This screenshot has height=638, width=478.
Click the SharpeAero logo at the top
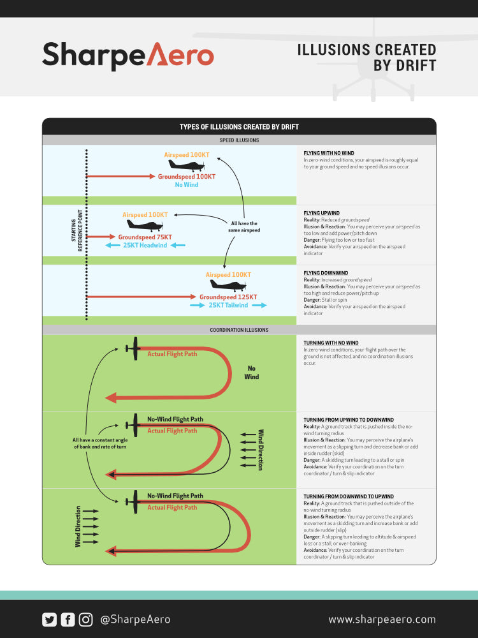click(127, 56)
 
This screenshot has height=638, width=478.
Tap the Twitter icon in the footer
click(49, 619)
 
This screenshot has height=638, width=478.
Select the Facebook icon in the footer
click(68, 619)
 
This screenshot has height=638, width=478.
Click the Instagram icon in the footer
click(86, 619)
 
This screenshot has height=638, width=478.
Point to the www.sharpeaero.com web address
click(382, 619)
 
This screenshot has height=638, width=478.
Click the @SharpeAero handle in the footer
click(135, 619)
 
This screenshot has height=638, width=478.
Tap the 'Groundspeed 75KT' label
click(145, 237)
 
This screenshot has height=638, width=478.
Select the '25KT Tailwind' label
click(229, 306)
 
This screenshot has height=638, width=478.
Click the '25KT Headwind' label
click(145, 246)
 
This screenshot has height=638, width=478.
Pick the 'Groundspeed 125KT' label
click(228, 297)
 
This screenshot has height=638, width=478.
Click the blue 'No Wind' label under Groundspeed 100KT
click(187, 185)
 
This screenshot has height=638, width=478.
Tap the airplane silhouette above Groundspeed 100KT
click(186, 165)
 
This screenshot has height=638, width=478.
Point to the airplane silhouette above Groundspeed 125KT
click(228, 285)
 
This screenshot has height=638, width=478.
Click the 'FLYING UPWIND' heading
click(322, 213)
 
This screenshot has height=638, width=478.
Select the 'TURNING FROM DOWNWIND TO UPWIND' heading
click(349, 496)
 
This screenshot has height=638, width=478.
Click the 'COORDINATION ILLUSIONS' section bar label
click(239, 330)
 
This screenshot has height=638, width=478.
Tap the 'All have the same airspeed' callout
click(245, 226)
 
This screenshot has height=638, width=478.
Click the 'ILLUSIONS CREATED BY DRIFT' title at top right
click(366, 57)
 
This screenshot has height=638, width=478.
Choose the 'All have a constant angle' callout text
click(99, 443)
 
